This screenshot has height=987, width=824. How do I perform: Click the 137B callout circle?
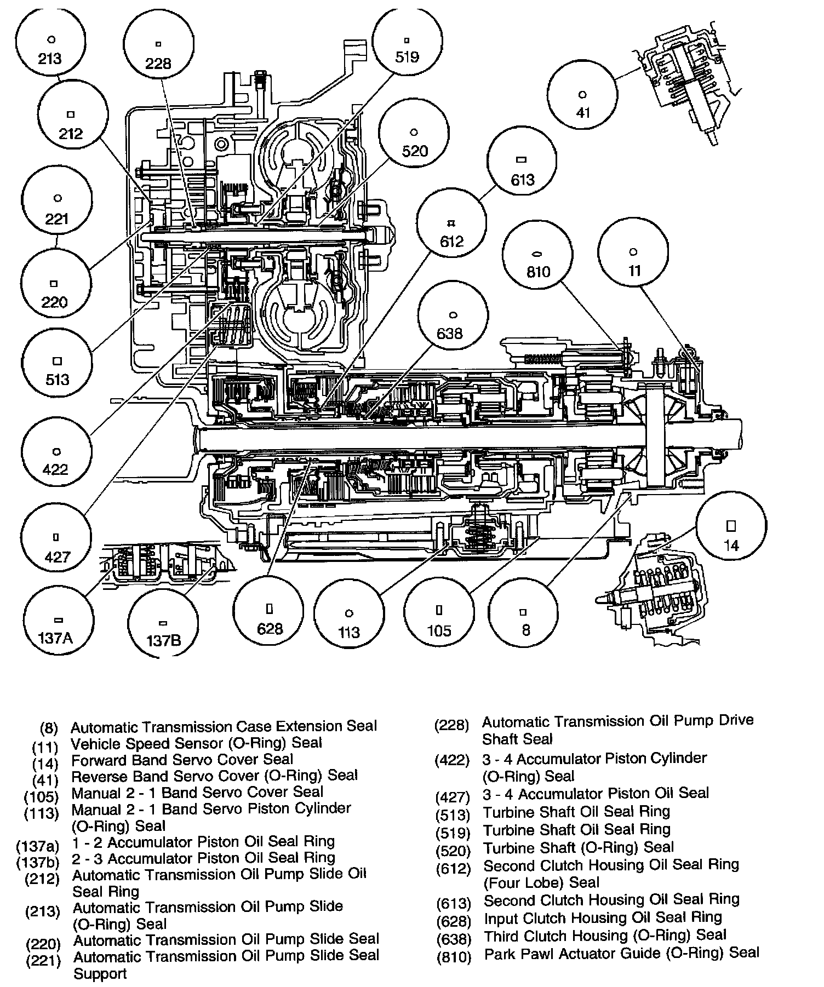tap(163, 627)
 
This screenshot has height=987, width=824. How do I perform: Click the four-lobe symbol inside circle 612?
tap(451, 223)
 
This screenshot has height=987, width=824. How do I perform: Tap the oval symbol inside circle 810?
tap(537, 254)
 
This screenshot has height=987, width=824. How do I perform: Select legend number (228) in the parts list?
tap(451, 725)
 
